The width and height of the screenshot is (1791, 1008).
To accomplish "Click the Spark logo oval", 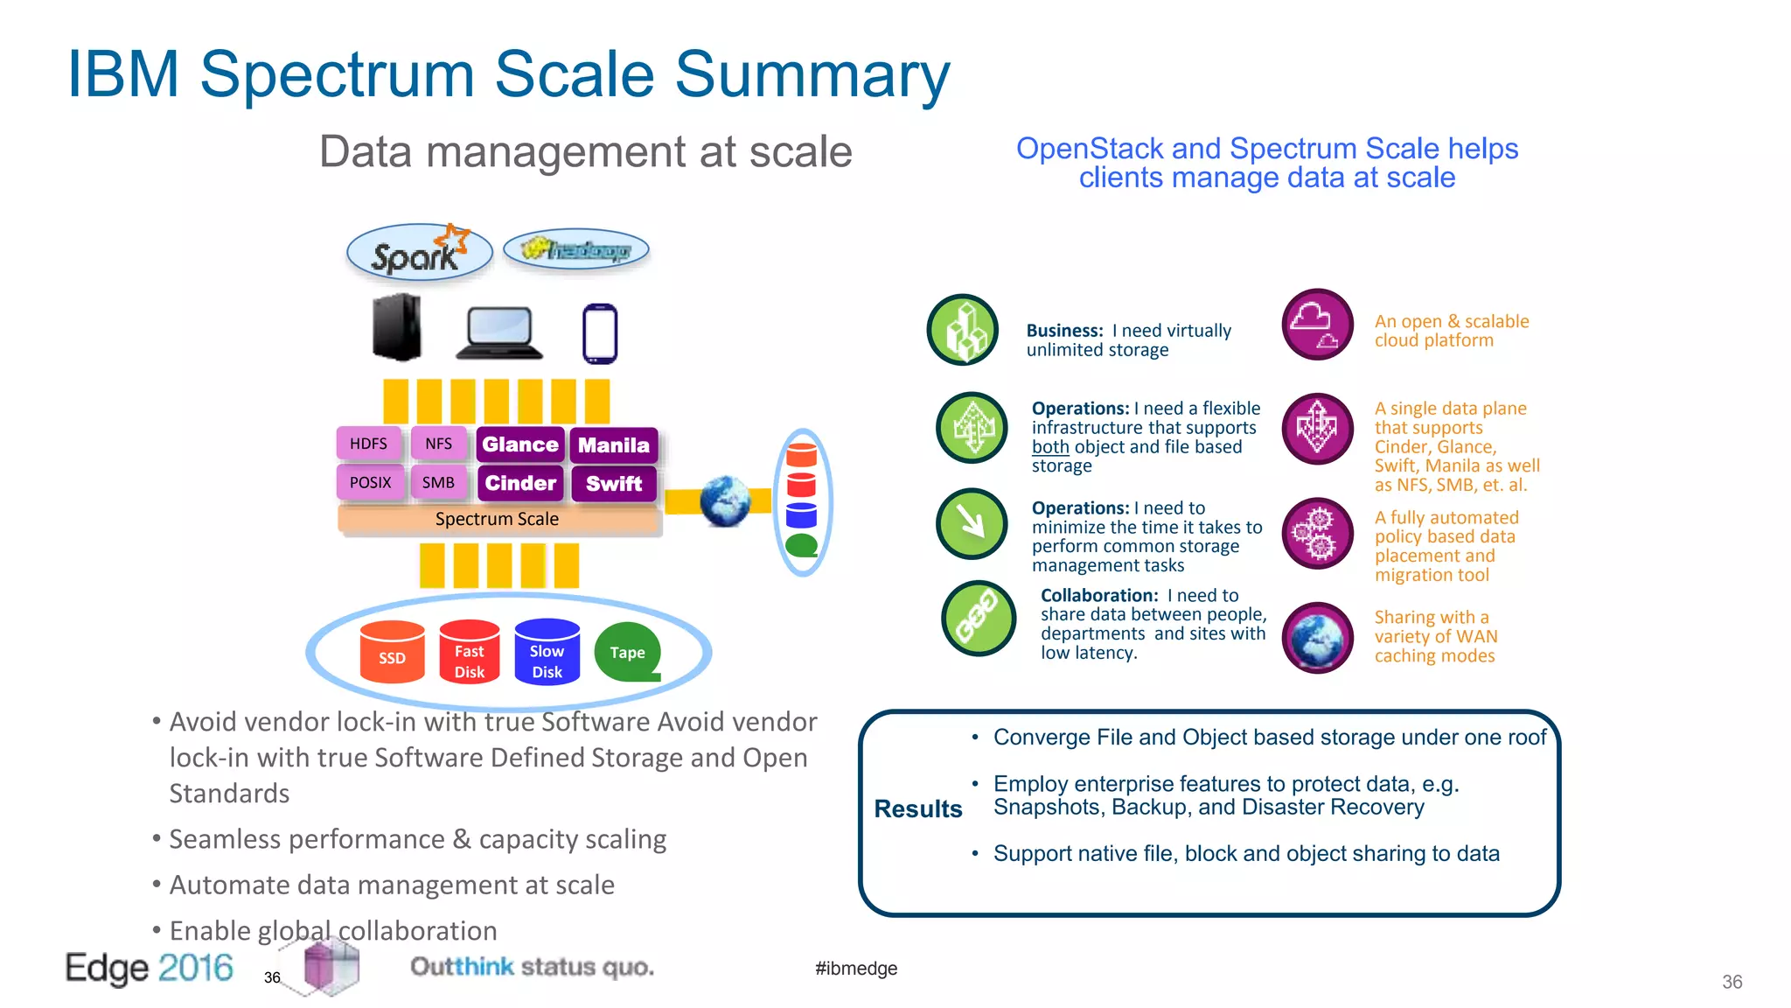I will click(x=419, y=253).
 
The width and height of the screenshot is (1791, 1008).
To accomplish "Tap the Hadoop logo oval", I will click(x=576, y=250).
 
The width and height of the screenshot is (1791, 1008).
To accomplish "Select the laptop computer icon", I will click(x=499, y=332).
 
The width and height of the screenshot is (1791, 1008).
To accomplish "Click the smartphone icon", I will click(x=600, y=333).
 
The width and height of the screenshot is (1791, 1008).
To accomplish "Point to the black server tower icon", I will click(x=396, y=327).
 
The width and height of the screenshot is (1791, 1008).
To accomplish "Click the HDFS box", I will click(x=368, y=444).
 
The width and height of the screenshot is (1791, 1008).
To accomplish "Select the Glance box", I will click(x=520, y=444).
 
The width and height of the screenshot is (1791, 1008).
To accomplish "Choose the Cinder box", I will click(x=520, y=483).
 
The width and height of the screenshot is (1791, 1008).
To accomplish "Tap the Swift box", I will click(x=613, y=484).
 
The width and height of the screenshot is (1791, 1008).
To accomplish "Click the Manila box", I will click(x=613, y=445).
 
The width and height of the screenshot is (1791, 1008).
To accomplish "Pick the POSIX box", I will click(x=370, y=482).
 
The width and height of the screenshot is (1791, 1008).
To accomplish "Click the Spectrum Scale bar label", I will click(x=497, y=519).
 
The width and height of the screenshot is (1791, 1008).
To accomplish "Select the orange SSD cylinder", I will click(x=392, y=652).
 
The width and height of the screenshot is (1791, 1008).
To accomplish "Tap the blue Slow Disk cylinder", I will click(x=547, y=652).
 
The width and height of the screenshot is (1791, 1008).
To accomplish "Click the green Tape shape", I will click(x=627, y=652).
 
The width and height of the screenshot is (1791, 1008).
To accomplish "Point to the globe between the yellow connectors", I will click(x=725, y=501).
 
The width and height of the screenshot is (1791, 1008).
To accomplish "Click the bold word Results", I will click(x=917, y=808).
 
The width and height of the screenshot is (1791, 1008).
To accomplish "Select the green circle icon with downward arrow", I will click(x=972, y=523).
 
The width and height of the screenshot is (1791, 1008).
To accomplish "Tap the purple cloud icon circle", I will click(x=1317, y=324).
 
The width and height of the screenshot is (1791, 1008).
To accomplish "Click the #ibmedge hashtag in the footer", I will click(x=855, y=968).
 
